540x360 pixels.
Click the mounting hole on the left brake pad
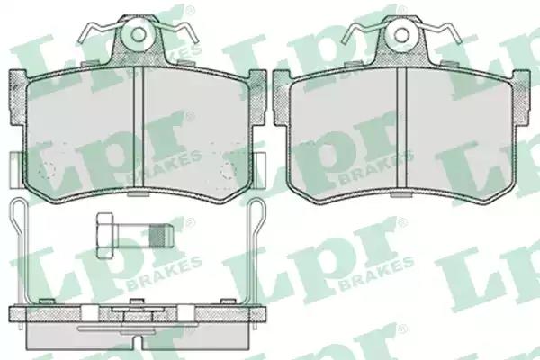pos(139,34)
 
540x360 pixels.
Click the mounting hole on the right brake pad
pos(400,34)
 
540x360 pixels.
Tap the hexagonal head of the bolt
pos(105,236)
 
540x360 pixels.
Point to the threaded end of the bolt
pos(160,236)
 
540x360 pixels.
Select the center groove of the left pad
pos(138,128)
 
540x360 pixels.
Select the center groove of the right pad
pos(401,128)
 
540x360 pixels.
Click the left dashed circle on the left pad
pos(47,170)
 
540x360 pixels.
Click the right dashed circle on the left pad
pos(229,170)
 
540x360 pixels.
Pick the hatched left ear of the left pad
pos(17,97)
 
